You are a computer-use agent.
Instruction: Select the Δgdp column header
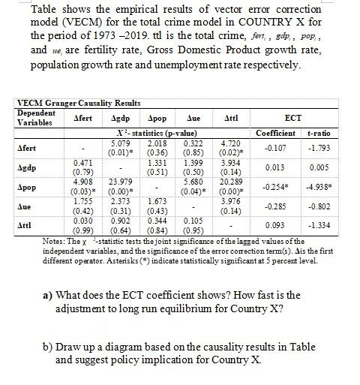coord(118,119)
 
